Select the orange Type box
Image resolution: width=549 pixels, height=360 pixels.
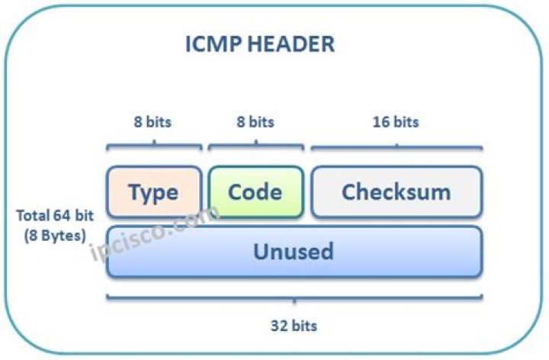point(154,191)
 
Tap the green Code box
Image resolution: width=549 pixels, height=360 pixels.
point(255,191)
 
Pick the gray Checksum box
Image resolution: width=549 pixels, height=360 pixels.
point(396,191)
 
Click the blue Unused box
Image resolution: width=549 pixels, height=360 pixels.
point(294,251)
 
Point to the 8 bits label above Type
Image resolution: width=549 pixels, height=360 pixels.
point(153,121)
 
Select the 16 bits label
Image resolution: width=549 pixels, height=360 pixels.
point(396,121)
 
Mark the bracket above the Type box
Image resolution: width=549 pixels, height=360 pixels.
point(154,145)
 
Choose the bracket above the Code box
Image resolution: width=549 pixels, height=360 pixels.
point(255,145)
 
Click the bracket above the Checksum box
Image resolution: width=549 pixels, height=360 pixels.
point(396,145)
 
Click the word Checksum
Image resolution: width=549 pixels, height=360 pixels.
point(396,191)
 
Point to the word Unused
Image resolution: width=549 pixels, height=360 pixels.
point(294,251)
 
